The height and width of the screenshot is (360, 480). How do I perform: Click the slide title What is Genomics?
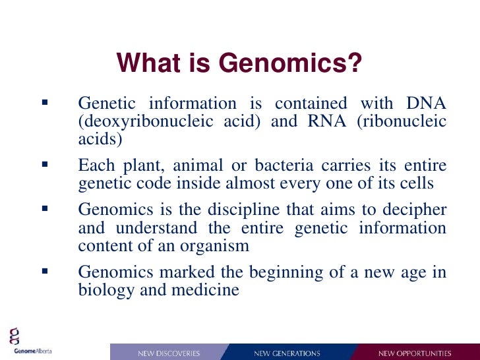click(239, 64)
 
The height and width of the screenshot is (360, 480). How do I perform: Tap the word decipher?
click(415, 210)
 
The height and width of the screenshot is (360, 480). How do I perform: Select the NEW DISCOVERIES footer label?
click(169, 353)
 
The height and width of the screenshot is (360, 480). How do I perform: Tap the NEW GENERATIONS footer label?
click(287, 353)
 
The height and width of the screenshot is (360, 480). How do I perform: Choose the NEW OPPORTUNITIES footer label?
click(415, 353)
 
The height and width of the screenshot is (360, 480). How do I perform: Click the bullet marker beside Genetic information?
click(44, 104)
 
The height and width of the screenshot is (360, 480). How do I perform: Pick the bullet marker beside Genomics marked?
click(44, 271)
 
